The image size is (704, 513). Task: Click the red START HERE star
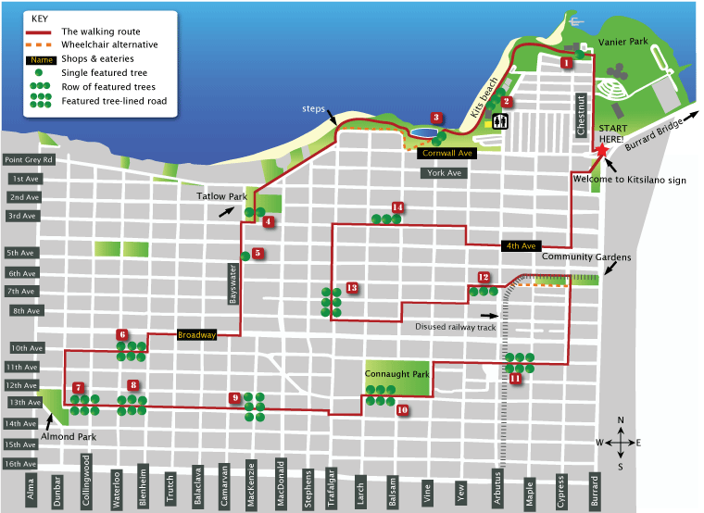[602, 149]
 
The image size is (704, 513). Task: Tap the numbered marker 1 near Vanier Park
[565, 63]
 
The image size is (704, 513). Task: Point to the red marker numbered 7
[79, 388]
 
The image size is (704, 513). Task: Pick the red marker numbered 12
[484, 277]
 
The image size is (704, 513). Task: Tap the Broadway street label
[196, 334]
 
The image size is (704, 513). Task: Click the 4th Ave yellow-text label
[520, 246]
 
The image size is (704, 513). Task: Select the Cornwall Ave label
[447, 153]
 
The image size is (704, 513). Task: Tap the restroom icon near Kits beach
[500, 120]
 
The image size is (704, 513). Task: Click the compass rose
[621, 443]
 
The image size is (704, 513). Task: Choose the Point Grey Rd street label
[30, 160]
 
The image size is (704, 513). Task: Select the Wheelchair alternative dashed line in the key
[41, 44]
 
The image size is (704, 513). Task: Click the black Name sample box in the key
[41, 59]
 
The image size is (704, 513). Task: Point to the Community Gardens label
[573, 256]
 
